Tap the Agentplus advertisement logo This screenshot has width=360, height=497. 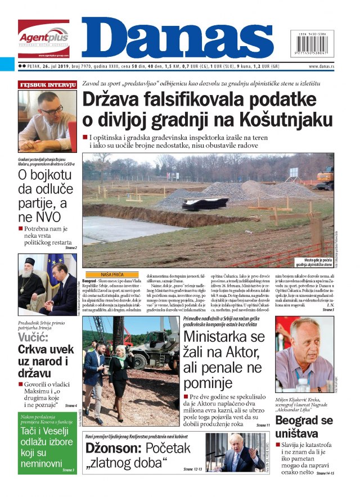pyautogui.click(x=43, y=38)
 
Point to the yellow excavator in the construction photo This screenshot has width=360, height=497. pyautogui.click(x=325, y=178)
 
